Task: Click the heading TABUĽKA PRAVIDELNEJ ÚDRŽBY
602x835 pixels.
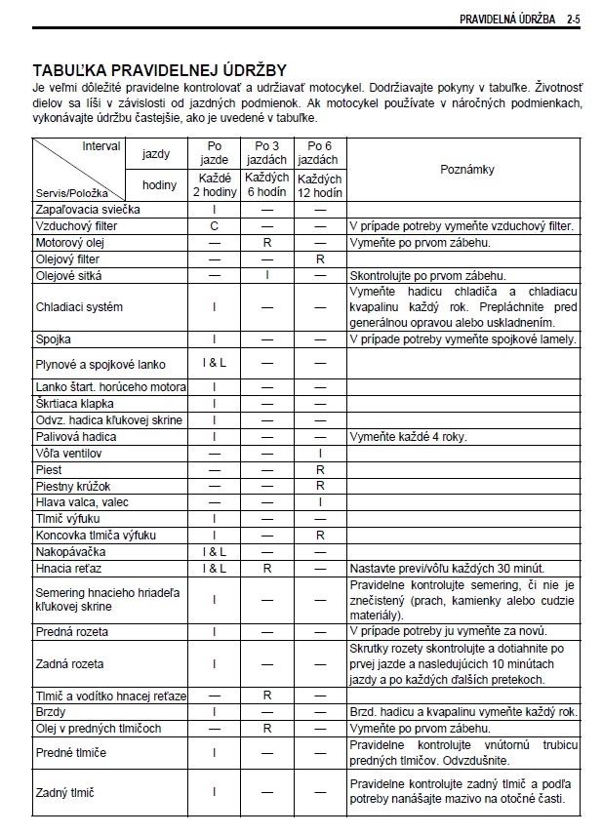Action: pyautogui.click(x=160, y=70)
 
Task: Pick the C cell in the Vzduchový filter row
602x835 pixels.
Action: pyautogui.click(x=214, y=225)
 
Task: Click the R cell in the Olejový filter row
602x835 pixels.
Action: pyautogui.click(x=319, y=258)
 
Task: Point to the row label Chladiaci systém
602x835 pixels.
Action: pyautogui.click(x=79, y=306)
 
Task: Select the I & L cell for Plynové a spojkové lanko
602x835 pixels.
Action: pyautogui.click(x=214, y=364)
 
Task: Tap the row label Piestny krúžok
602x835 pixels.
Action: pyautogui.click(x=74, y=486)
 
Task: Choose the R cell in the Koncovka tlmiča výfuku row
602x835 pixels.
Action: pyautogui.click(x=319, y=536)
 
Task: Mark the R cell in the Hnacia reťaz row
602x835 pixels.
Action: pyautogui.click(x=266, y=568)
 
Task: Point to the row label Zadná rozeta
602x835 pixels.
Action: pyautogui.click(x=70, y=664)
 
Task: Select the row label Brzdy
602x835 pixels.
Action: pyautogui.click(x=52, y=712)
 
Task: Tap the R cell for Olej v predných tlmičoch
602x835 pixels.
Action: pyautogui.click(x=266, y=729)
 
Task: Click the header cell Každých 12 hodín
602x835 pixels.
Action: pyautogui.click(x=319, y=186)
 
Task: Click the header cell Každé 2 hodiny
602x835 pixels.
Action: pyautogui.click(x=214, y=186)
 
